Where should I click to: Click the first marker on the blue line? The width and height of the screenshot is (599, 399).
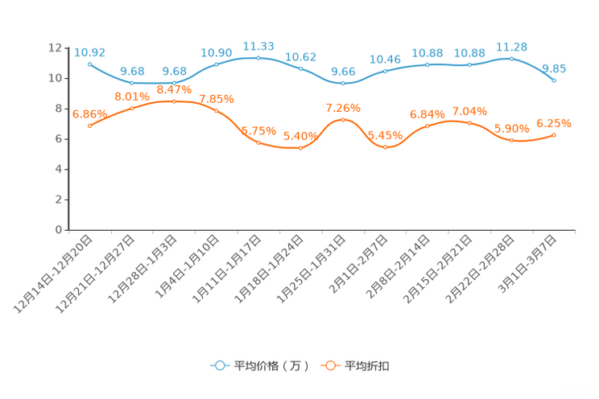(89, 64)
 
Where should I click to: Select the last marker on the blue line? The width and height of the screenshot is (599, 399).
(554, 80)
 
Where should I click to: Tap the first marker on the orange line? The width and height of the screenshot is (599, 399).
(89, 126)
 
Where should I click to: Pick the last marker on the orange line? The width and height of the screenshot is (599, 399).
(554, 135)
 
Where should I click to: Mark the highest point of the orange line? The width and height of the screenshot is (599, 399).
(174, 101)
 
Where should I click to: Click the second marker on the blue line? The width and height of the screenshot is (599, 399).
(132, 82)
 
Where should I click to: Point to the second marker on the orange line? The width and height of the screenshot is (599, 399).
(132, 109)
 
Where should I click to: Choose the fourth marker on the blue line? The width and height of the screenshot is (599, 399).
(217, 64)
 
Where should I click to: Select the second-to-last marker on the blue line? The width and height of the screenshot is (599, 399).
(512, 58)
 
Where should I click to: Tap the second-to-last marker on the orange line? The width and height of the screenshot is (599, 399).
(512, 141)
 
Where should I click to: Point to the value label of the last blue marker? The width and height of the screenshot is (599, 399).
(554, 68)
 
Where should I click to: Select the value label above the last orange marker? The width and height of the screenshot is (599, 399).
(554, 123)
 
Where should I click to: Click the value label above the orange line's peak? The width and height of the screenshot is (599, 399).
(174, 89)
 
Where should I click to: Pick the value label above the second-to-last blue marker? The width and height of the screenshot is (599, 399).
(512, 46)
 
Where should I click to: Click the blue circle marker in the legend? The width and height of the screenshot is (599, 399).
(219, 365)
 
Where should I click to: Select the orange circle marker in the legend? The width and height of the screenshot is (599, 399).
(329, 365)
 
